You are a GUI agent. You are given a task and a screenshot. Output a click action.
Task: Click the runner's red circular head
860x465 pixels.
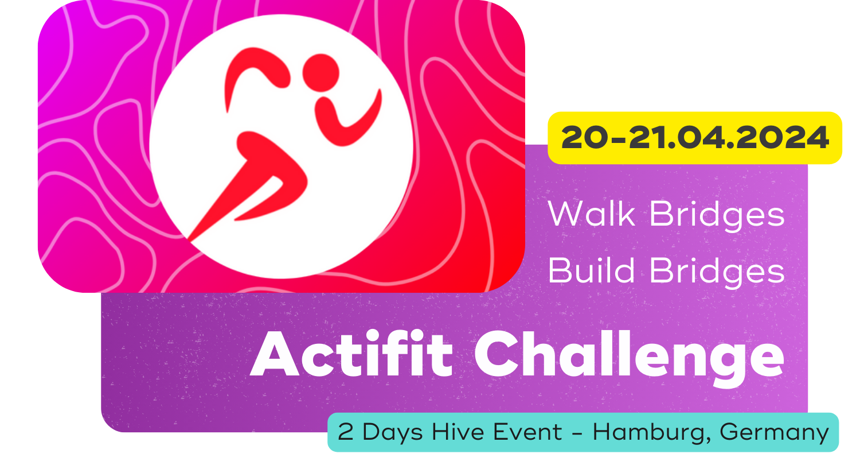tap(321, 73)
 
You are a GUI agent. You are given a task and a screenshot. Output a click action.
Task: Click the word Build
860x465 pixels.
tap(591, 270)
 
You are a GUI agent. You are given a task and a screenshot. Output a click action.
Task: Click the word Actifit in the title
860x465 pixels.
tap(351, 354)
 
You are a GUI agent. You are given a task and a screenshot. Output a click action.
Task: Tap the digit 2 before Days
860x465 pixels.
tap(346, 432)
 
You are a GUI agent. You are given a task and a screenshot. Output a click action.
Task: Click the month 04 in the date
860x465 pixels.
tap(698, 138)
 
